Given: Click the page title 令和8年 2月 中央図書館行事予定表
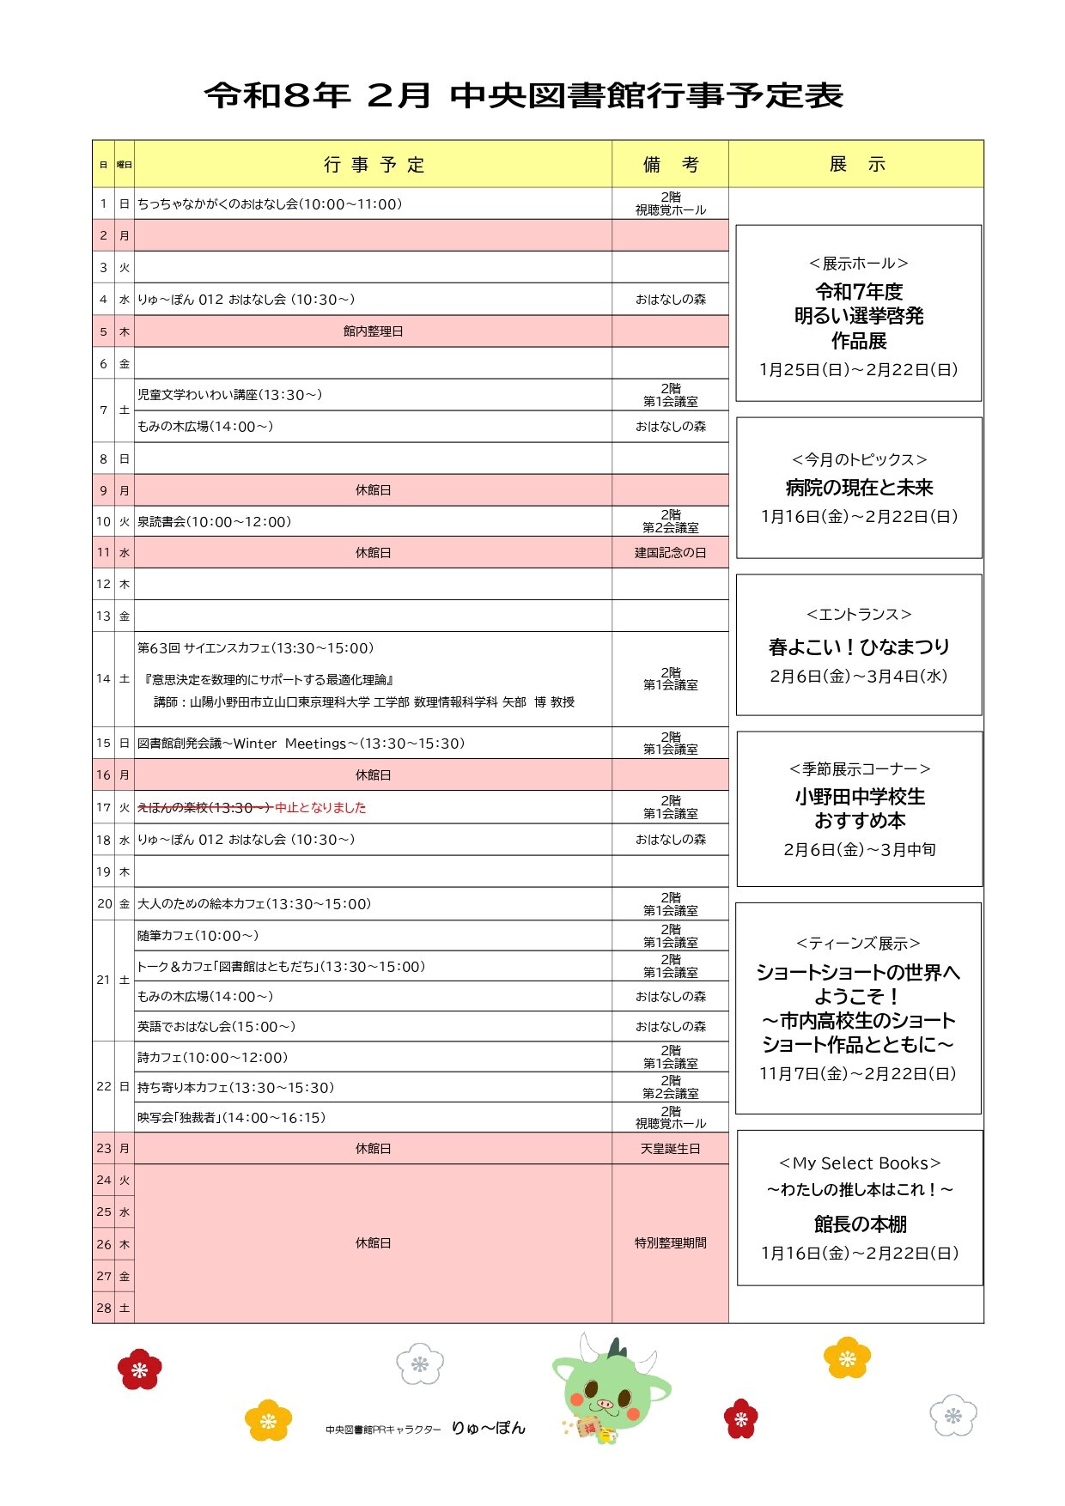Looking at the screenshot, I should point(524,95).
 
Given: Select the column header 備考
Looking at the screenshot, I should point(670,164).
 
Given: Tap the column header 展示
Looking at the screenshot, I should point(856,164).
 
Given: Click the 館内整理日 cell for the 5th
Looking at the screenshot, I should point(373,331).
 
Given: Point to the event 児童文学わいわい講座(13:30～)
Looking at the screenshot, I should point(230,395).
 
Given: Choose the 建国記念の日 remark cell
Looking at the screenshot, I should point(670,553).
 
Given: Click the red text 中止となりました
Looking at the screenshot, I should point(320,807).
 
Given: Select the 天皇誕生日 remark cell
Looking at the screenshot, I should point(670,1149).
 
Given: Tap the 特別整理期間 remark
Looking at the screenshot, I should point(670,1243).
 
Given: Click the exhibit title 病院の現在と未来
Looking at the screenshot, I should point(859,488).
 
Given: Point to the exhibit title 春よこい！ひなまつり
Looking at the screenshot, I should point(859,647).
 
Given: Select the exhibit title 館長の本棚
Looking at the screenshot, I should point(860,1224).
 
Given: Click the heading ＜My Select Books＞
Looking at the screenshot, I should point(860,1163).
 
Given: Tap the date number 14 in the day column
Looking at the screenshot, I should point(103,679).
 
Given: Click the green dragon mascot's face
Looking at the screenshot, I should point(606,1391).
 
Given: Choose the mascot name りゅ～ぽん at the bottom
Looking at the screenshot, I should point(488,1428).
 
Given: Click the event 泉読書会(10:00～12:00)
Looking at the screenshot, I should point(215,522).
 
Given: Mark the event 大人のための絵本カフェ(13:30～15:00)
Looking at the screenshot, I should point(254,904).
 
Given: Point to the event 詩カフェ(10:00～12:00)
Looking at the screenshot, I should point(213,1058).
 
